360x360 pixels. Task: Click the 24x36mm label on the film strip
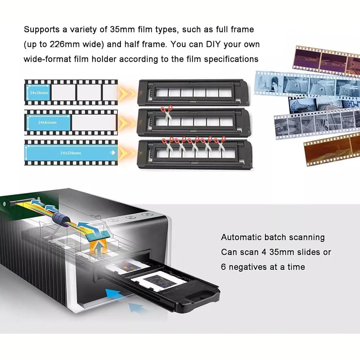click(39, 93)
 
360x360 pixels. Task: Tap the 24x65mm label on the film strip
click(47, 122)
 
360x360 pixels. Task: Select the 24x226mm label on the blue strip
click(70, 153)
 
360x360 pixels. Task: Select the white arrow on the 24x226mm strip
click(113, 153)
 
